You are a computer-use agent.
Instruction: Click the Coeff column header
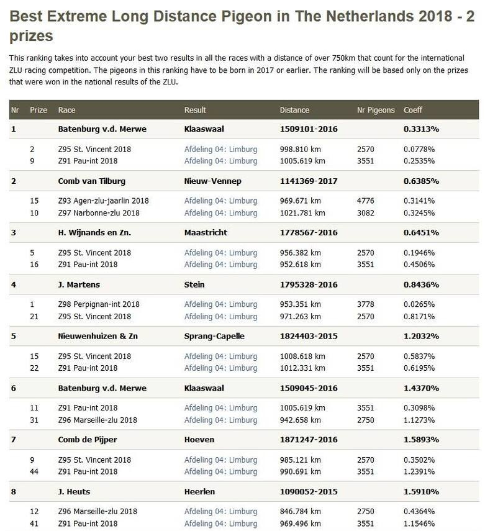click(412, 110)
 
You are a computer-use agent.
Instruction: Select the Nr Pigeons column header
click(376, 110)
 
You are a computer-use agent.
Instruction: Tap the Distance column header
click(294, 110)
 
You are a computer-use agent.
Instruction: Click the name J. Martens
click(79, 284)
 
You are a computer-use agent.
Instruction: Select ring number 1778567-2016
click(309, 233)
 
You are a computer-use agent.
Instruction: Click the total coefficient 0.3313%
click(421, 129)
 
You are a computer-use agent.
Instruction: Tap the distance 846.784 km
click(301, 512)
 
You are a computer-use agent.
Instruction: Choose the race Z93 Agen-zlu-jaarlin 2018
click(103, 201)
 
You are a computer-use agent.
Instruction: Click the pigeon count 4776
click(366, 201)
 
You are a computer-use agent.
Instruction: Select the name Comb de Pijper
click(88, 440)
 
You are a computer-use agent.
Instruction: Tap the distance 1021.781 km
click(302, 213)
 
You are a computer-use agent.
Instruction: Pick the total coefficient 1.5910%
click(421, 492)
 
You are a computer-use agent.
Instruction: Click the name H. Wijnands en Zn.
click(94, 233)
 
